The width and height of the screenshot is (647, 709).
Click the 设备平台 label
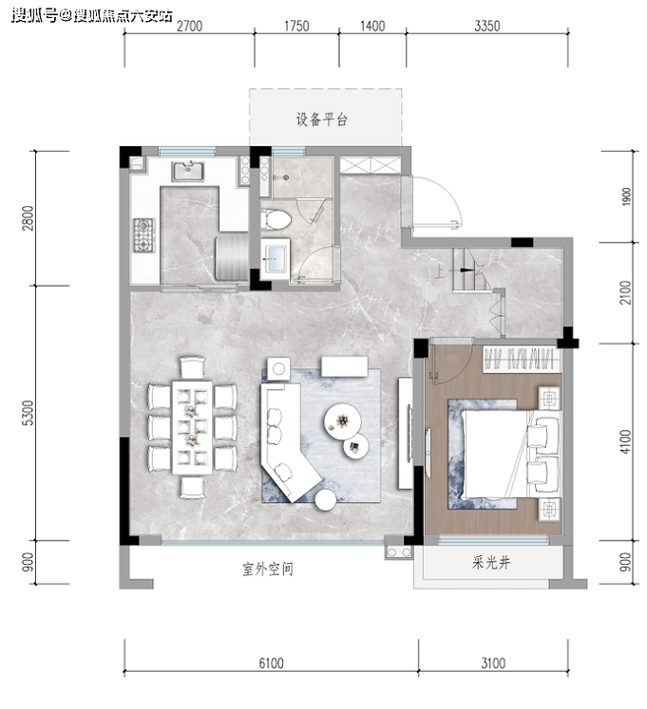click(321, 120)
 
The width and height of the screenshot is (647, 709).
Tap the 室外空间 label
click(268, 569)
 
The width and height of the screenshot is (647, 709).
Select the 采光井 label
click(491, 563)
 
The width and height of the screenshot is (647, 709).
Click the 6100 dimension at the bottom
click(271, 662)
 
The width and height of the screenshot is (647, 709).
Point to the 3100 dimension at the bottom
click(493, 662)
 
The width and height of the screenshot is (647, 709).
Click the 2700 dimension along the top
click(189, 27)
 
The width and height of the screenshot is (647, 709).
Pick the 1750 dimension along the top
click(296, 27)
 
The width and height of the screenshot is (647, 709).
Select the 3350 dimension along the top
click(487, 27)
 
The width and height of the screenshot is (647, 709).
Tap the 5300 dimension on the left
click(29, 412)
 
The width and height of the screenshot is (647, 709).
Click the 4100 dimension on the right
click(626, 441)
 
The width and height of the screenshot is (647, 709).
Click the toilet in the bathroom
click(276, 220)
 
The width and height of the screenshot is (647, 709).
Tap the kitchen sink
click(187, 171)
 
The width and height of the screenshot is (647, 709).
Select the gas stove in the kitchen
click(144, 235)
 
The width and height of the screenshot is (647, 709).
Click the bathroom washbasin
click(275, 258)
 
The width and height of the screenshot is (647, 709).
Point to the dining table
click(192, 427)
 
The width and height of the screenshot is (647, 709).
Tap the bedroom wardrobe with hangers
click(522, 360)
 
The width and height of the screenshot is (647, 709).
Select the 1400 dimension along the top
click(372, 27)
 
